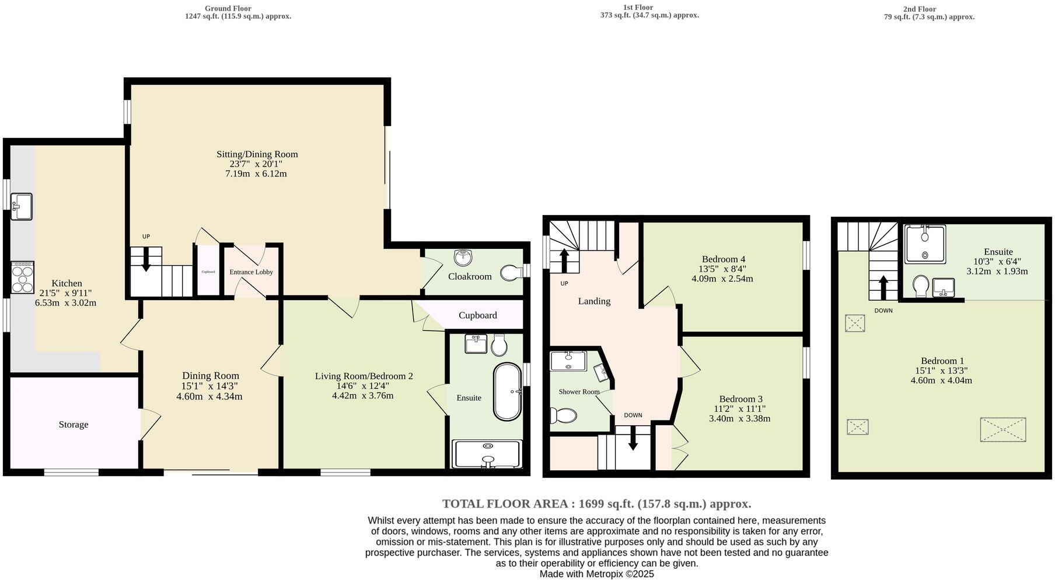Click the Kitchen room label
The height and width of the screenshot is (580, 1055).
tap(67, 283)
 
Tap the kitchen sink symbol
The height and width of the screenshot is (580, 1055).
tap(22, 207)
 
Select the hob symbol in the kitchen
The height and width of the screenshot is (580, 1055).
tap(23, 277)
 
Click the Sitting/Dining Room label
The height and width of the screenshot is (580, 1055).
tap(257, 154)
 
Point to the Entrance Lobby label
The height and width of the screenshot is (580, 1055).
tap(251, 272)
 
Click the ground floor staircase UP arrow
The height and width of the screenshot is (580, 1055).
tap(146, 259)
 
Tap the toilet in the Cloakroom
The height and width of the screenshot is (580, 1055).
tap(511, 272)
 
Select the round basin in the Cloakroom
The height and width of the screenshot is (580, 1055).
tap(463, 256)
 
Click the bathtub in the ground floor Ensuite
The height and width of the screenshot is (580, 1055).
tap(507, 392)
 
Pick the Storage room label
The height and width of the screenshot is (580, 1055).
tap(74, 425)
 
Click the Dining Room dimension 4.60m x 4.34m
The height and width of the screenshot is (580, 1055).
tap(209, 397)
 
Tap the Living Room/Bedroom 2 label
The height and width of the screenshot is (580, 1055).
tap(364, 376)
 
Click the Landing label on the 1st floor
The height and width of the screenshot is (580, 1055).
tap(594, 301)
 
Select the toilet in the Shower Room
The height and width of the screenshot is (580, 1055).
tap(564, 415)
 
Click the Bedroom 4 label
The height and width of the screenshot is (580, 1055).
tap(723, 259)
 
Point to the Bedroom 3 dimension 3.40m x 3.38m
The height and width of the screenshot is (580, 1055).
tap(739, 419)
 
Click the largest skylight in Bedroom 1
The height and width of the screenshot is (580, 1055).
tap(1002, 429)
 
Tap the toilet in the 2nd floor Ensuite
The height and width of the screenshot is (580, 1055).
tap(920, 286)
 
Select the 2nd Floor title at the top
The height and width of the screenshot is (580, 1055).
tap(919, 9)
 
